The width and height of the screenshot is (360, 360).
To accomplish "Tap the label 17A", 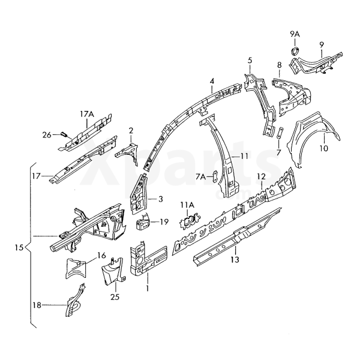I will (x=88, y=113).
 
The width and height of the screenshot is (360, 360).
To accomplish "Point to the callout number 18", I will (x=37, y=305).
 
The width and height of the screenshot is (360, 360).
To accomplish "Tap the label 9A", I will (x=295, y=34).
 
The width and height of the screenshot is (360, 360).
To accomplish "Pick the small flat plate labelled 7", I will (x=280, y=133).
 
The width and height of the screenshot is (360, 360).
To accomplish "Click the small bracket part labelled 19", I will (x=143, y=224).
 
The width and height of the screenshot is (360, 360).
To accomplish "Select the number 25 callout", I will (x=115, y=296).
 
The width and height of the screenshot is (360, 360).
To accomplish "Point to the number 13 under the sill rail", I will (x=235, y=259).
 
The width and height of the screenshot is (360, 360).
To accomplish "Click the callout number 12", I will (x=261, y=176).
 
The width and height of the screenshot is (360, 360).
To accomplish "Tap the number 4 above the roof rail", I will (x=212, y=82).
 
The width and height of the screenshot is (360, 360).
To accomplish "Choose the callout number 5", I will (x=250, y=61).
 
